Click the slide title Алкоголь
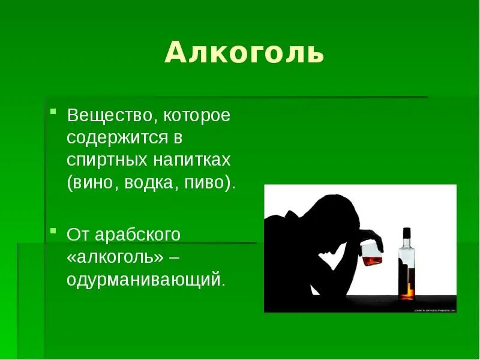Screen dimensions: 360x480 coord(244,53)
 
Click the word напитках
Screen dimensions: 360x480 coord(193,161)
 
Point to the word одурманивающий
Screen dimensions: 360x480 coord(146,280)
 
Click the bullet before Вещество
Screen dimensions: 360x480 coord(53,112)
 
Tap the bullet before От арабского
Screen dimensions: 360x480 coord(53,230)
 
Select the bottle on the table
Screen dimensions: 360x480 coord(407,264)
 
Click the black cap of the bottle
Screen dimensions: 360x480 coord(407,232)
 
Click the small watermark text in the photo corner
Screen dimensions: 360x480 coord(435,310)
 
